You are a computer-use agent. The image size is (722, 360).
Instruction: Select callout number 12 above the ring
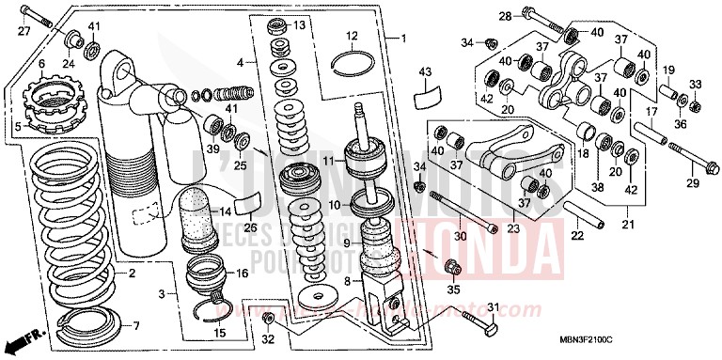click(351, 38)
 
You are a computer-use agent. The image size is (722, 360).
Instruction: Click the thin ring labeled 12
click(353, 64)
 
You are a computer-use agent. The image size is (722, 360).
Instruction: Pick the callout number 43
click(424, 72)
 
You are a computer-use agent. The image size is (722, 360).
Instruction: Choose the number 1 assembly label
click(402, 39)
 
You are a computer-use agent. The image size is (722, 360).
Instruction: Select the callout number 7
click(135, 326)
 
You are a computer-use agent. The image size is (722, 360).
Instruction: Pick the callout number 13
click(299, 24)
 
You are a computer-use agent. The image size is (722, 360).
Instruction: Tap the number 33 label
click(695, 86)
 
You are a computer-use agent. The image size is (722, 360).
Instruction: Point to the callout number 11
click(329, 162)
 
